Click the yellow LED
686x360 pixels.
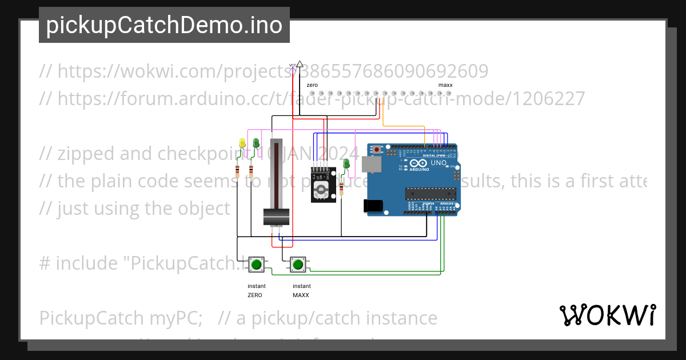(x=242, y=143)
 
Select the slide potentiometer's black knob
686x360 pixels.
(x=277, y=218)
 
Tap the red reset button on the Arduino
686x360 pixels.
(x=377, y=150)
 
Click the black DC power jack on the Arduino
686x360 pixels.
(x=374, y=206)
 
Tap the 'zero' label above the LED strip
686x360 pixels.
(x=312, y=85)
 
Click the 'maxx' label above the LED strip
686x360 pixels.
(x=445, y=85)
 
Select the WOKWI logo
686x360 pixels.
(x=607, y=315)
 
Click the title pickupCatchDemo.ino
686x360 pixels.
(x=164, y=26)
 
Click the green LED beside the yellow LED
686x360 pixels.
(x=256, y=143)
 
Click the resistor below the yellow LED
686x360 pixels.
(x=237, y=170)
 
